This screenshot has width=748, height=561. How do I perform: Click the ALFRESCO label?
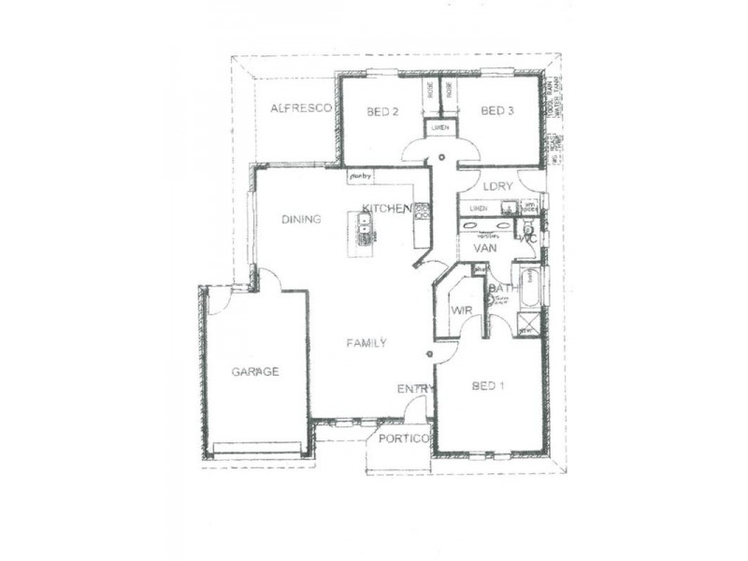pyautogui.click(x=301, y=109)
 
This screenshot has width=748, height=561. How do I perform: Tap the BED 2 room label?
pyautogui.click(x=382, y=112)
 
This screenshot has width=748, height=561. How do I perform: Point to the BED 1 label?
pyautogui.click(x=488, y=386)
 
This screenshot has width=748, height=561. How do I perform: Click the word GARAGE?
pyautogui.click(x=255, y=372)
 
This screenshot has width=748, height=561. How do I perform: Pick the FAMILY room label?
pyautogui.click(x=367, y=343)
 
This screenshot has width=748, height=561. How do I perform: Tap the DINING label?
pyautogui.click(x=301, y=220)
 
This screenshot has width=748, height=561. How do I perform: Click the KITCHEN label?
pyautogui.click(x=387, y=209)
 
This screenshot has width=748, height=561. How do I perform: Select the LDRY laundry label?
pyautogui.click(x=498, y=186)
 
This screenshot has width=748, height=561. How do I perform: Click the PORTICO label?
pyautogui.click(x=404, y=439)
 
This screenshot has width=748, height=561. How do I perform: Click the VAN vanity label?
pyautogui.click(x=484, y=249)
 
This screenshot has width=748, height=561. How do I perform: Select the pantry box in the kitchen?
pyautogui.click(x=360, y=175)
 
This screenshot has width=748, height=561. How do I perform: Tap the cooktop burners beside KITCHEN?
pyautogui.click(x=422, y=211)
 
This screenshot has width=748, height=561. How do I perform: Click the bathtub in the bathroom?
pyautogui.click(x=528, y=288)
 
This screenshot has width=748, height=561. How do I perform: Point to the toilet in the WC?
pyautogui.click(x=528, y=229)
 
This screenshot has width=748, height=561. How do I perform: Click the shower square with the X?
pyautogui.click(x=528, y=328)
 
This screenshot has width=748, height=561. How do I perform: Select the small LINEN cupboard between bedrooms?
pyautogui.click(x=439, y=127)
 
